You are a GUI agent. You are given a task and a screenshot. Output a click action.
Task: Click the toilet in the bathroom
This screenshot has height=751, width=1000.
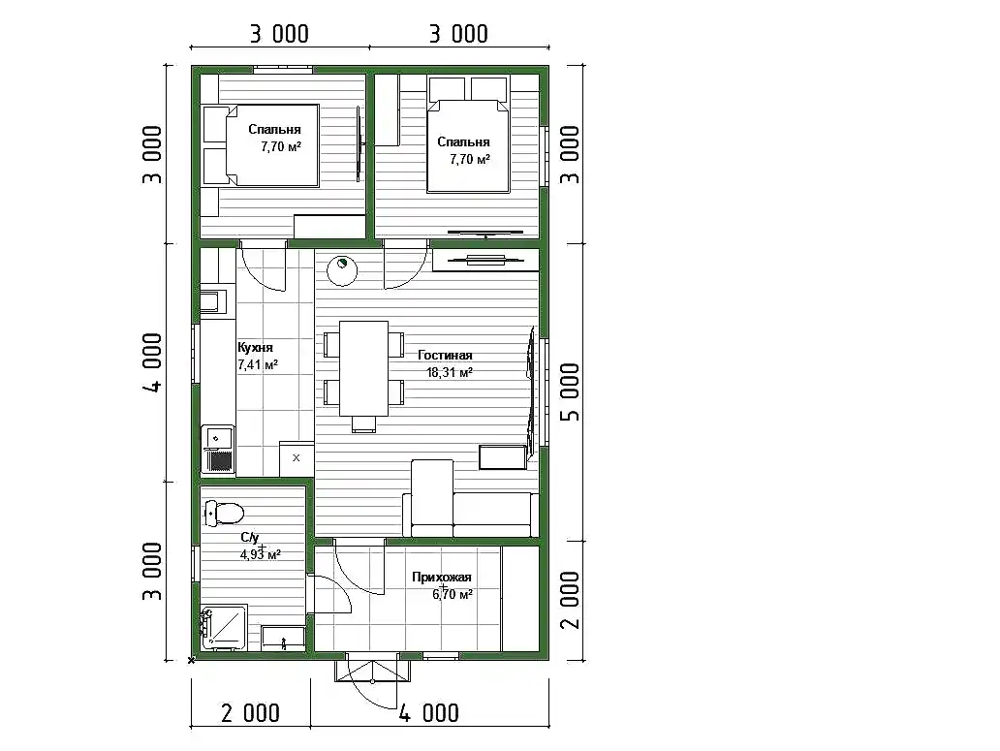[224, 513]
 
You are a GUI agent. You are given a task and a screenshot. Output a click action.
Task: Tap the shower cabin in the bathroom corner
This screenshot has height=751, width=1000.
[223, 628]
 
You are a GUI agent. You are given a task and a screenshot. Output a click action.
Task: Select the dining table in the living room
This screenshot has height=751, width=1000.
[363, 368]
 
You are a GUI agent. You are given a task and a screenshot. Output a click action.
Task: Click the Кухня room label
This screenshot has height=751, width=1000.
[255, 348]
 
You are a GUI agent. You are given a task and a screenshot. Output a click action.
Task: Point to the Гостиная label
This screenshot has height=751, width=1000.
[445, 356]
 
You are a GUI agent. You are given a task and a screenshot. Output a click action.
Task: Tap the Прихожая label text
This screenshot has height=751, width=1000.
[441, 578]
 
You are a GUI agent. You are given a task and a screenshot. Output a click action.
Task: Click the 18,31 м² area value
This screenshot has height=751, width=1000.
[450, 372]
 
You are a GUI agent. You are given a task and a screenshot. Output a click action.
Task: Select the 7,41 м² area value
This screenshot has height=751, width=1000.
[258, 364]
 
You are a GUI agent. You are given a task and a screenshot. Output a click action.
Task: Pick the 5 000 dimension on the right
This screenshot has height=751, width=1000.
[571, 392]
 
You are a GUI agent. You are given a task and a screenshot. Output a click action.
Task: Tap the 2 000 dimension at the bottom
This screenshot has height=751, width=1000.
[250, 713]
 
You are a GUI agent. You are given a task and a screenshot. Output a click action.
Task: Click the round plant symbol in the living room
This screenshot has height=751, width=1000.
[342, 270]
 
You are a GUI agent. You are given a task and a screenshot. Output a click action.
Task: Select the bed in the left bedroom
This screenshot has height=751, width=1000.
[261, 146]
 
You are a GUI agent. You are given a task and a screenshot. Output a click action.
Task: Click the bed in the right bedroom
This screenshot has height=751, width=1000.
[468, 135]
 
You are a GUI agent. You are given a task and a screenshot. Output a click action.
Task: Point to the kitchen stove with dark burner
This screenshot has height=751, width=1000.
[218, 450]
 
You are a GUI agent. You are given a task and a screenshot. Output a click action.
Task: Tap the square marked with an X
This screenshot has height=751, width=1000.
[297, 457]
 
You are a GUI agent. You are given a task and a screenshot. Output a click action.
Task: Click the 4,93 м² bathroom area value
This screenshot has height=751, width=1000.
[261, 554]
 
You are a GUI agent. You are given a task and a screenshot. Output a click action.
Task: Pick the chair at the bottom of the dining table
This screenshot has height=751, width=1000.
[363, 424]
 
